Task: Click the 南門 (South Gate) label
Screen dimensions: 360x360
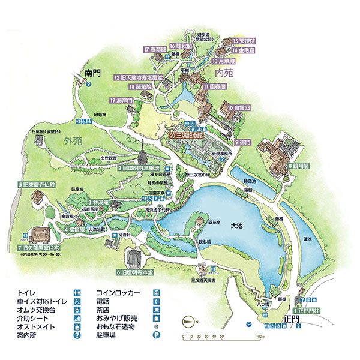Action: click(94, 72)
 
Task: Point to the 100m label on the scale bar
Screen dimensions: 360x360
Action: click(259, 337)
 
